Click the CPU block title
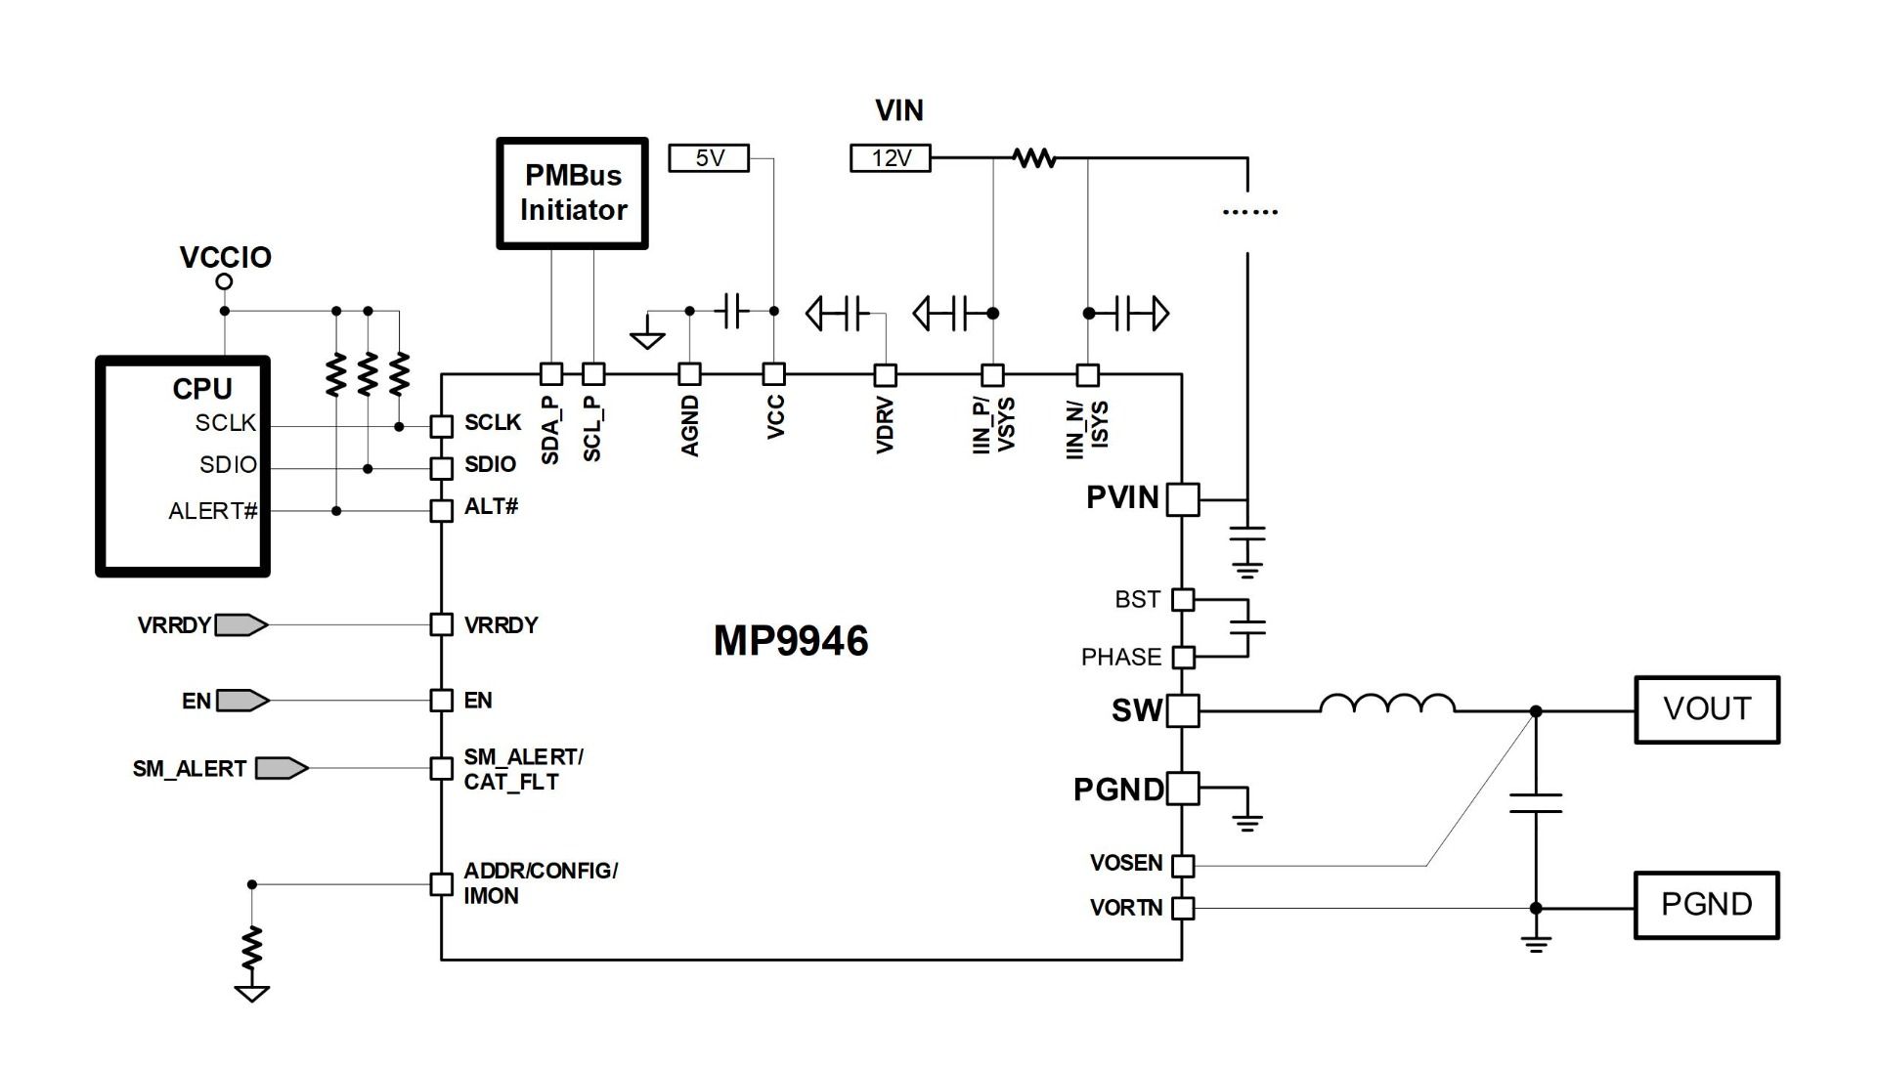point(202,389)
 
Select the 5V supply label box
point(709,158)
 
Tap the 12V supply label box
point(891,158)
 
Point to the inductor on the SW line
point(1387,703)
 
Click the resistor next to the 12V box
point(1034,157)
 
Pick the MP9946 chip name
point(791,641)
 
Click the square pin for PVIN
point(1183,499)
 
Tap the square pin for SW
point(1183,710)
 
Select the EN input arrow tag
point(242,701)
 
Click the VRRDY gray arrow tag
point(240,624)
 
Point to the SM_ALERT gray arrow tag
point(282,768)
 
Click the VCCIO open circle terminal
point(224,281)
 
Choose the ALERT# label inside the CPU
point(213,511)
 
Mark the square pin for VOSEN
point(1183,865)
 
